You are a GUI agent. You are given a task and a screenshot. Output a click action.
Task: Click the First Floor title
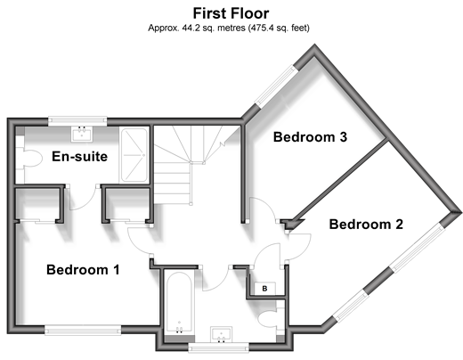click(x=231, y=13)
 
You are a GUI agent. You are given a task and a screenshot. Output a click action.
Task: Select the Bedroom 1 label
click(x=83, y=270)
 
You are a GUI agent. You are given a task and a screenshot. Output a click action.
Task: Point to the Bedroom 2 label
click(x=366, y=225)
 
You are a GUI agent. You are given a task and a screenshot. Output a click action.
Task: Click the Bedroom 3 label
click(x=310, y=137)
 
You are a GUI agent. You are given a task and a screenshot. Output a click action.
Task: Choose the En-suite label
click(x=79, y=157)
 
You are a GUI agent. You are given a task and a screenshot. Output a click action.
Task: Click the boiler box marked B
click(x=264, y=289)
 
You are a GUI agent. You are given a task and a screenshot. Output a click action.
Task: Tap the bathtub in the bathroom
click(x=179, y=303)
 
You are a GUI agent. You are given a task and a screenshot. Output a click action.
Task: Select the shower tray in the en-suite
click(x=134, y=155)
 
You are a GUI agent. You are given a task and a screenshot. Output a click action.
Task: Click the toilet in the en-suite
click(x=28, y=159)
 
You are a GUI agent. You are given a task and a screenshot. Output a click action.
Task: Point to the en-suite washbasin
click(x=82, y=134)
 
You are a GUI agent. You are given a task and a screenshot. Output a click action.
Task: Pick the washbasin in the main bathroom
click(x=221, y=334)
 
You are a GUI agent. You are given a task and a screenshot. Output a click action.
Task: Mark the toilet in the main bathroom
click(x=269, y=320)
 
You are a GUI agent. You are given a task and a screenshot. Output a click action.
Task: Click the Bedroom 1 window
click(x=83, y=330)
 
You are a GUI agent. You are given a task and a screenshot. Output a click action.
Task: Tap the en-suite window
click(x=77, y=120)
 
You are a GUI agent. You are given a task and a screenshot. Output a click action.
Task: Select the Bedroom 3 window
click(x=276, y=86)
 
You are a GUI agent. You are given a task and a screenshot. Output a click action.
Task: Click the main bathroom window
click(x=219, y=348)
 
